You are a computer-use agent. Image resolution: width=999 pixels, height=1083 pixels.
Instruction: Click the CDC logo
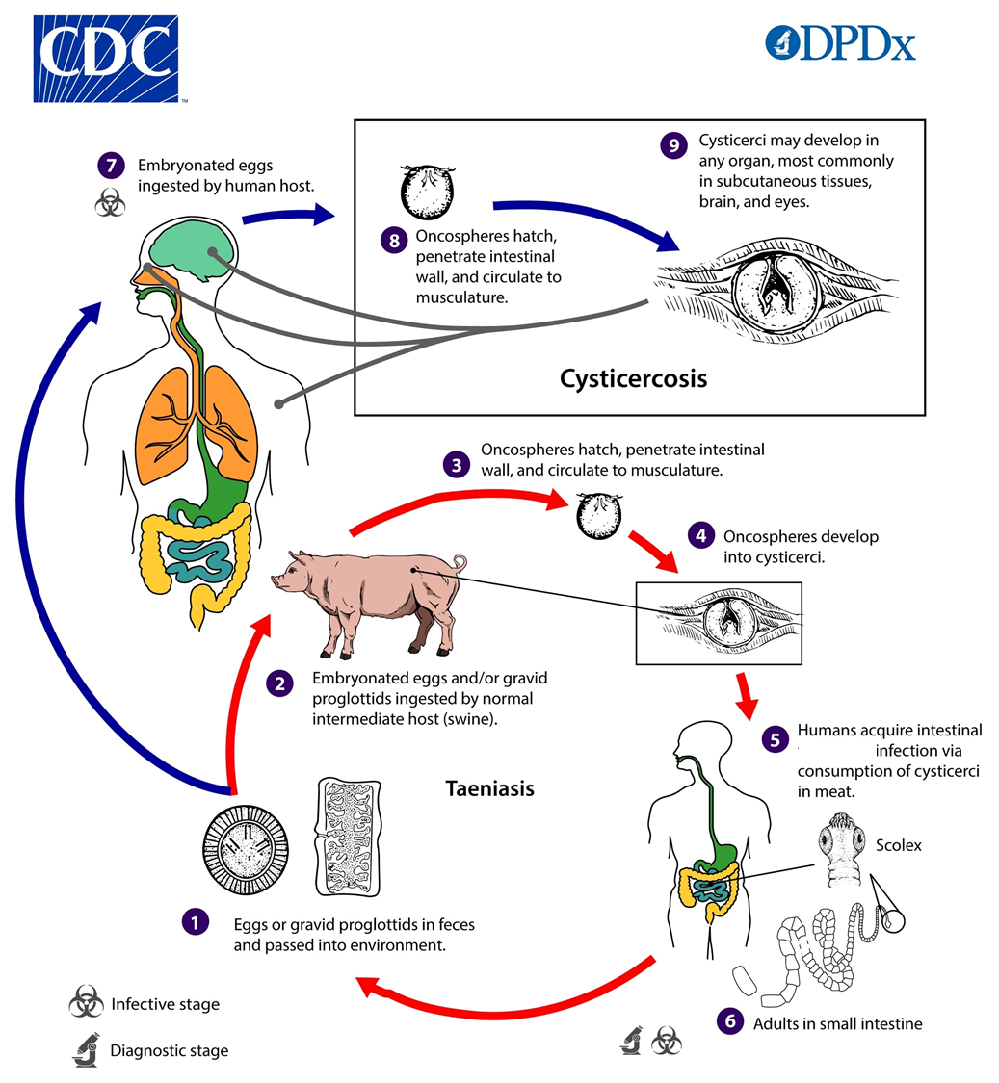106,60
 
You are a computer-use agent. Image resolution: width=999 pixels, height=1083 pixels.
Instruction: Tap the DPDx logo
841,42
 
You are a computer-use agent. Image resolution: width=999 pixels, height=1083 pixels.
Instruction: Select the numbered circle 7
111,166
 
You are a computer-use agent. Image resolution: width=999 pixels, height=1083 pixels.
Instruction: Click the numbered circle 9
673,145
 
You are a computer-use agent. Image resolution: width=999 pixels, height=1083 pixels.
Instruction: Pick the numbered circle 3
457,465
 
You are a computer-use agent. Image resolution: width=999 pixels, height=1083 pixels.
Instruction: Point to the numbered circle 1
196,921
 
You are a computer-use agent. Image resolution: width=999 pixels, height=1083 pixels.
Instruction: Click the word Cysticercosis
633,378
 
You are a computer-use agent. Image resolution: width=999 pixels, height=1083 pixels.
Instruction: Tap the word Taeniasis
489,788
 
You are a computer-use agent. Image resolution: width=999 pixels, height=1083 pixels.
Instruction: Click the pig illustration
369,601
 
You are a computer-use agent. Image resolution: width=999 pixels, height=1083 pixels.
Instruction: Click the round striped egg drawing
246,849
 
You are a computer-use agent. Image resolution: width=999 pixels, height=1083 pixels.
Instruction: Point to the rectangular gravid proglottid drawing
349,838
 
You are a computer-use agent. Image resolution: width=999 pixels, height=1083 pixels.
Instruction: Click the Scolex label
898,845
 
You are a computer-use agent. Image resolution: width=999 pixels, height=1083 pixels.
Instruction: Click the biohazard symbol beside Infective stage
87,1001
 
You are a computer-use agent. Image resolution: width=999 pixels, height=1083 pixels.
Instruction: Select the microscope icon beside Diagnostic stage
86,1050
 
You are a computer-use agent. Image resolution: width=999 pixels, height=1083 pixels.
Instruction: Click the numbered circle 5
775,739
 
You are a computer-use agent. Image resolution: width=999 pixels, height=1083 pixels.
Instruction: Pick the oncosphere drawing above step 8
428,192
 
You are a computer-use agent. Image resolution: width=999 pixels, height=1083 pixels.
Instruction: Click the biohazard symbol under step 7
110,203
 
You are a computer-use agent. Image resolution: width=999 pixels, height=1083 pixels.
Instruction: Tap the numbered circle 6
730,1020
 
